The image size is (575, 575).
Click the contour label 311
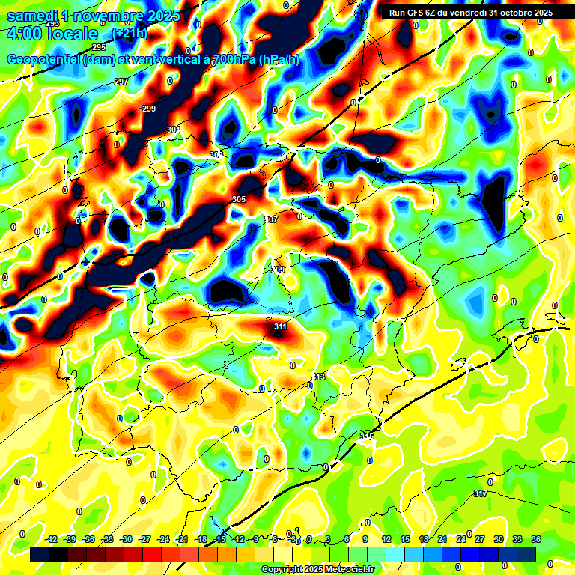[x=280, y=326]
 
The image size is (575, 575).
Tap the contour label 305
[x=239, y=199]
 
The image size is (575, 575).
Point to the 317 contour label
[x=481, y=493]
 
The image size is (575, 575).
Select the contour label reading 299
[x=149, y=109]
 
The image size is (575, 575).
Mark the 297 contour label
[x=121, y=82]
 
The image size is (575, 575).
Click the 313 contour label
[x=320, y=377]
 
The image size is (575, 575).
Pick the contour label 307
[x=272, y=219]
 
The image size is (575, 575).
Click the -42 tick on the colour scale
[x=52, y=539]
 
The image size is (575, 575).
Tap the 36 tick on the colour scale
[x=536, y=539]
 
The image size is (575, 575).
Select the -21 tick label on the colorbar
[x=182, y=539]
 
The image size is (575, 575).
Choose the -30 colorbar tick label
[x=127, y=539]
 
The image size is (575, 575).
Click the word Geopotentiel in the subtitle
[x=43, y=59]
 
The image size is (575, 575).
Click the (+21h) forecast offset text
[x=129, y=34]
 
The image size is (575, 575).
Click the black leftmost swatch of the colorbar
[x=40, y=554]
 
